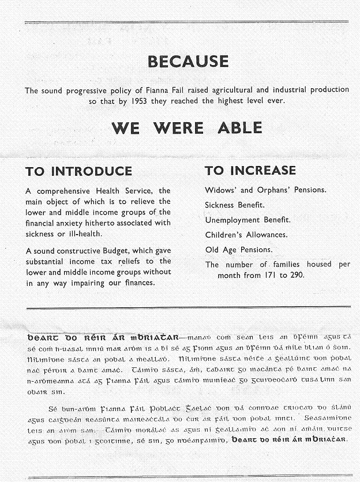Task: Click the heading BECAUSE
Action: pos(188,61)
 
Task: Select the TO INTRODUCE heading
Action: pos(78,171)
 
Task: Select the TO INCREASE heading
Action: pos(250,171)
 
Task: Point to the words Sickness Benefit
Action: pos(235,205)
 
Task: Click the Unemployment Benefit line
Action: pos(247,220)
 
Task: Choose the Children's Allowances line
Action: pos(247,235)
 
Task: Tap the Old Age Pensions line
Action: pos(239,250)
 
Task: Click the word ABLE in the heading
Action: pos(240,127)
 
